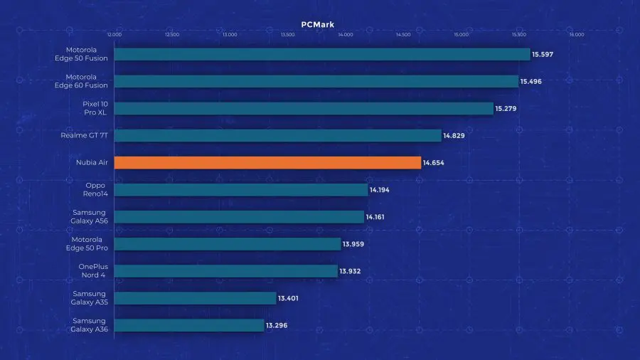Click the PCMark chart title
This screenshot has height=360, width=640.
click(x=317, y=24)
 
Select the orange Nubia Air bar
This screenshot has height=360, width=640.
click(x=267, y=163)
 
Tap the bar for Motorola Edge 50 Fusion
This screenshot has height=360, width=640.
click(x=321, y=54)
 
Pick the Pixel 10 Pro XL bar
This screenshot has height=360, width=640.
click(x=304, y=108)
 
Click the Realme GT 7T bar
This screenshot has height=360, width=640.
click(x=278, y=135)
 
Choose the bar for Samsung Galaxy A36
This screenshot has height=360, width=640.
click(x=189, y=325)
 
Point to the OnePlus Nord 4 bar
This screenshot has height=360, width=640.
click(x=225, y=271)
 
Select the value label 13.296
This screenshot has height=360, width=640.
click(x=277, y=325)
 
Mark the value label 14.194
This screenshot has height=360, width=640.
click(x=379, y=190)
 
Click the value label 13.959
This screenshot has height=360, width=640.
click(x=353, y=244)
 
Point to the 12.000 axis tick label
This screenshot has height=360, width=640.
click(x=114, y=34)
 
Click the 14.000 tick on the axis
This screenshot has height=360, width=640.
click(x=345, y=34)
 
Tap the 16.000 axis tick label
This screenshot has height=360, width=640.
click(x=577, y=34)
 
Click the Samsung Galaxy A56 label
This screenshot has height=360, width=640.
click(x=89, y=217)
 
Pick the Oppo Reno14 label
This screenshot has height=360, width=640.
click(x=95, y=190)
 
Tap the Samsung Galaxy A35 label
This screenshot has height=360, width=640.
click(x=89, y=298)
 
